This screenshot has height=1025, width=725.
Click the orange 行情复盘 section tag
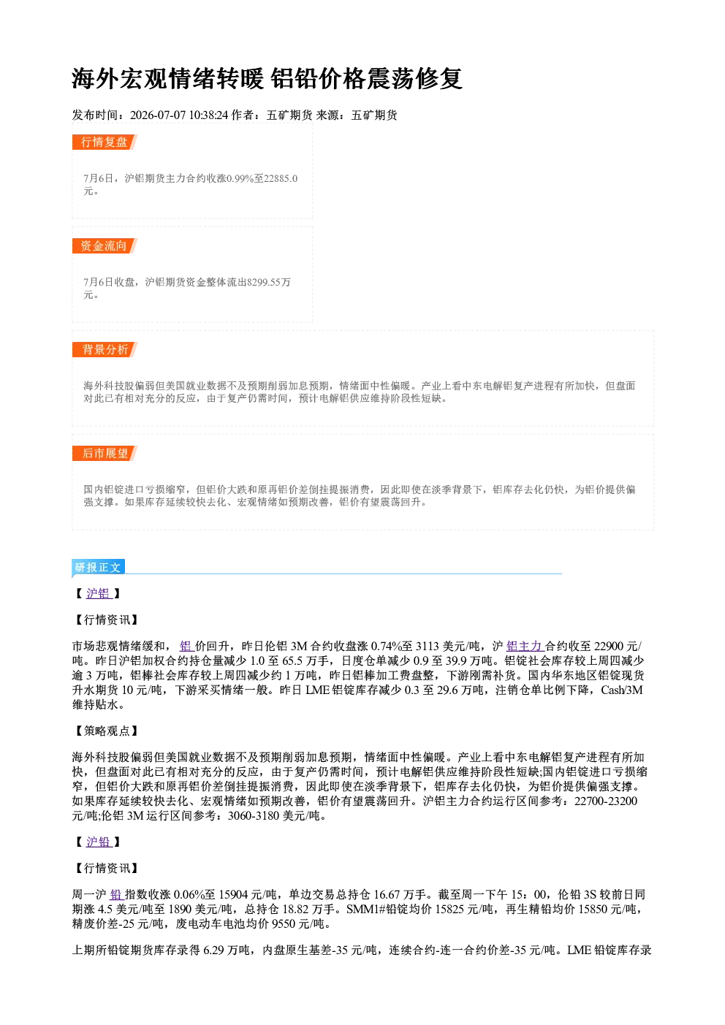click(105, 142)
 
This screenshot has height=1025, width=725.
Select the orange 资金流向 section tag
click(105, 245)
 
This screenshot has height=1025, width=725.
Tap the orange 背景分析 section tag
click(105, 350)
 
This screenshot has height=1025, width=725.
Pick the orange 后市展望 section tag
click(105, 454)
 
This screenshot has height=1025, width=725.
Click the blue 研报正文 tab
click(98, 568)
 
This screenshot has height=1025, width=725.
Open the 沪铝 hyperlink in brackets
click(99, 593)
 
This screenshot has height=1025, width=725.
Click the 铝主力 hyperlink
click(525, 646)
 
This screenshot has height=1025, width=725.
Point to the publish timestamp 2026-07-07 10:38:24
click(179, 115)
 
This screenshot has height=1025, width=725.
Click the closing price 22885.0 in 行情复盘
click(281, 178)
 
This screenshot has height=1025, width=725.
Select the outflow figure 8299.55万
click(269, 282)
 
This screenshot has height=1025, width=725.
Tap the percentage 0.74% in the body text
click(386, 646)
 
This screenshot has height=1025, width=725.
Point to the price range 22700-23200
click(606, 801)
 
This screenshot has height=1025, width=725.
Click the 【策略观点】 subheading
click(106, 731)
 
